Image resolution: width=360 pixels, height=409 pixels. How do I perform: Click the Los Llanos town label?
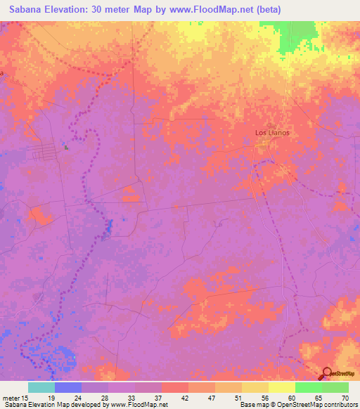point(271,132)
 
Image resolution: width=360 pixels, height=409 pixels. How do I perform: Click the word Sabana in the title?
point(25,9)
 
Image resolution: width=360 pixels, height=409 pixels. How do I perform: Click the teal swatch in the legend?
point(41,387)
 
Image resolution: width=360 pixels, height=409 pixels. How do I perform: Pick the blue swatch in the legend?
point(68,387)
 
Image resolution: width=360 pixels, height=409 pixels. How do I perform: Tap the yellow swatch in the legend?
point(281,387)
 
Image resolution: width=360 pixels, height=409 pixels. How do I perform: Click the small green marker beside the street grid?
point(67,148)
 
